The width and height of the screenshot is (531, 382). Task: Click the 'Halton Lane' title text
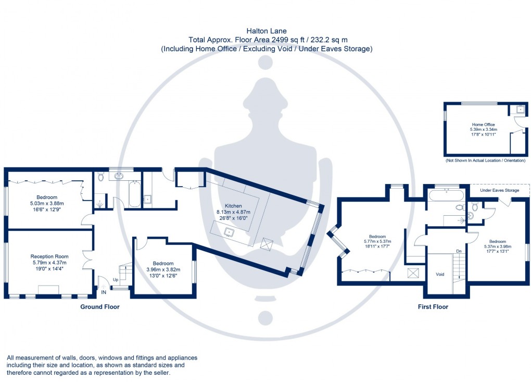[265, 31]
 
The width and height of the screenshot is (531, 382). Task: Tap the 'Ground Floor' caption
[99, 307]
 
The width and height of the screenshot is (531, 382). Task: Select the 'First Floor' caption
[433, 307]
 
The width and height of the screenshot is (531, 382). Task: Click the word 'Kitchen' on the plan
[233, 206]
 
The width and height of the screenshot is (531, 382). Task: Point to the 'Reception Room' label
[49, 256]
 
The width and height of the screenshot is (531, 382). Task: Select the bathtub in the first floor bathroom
[446, 196]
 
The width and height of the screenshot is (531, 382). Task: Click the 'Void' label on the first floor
[439, 274]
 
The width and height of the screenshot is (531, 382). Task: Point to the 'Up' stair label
[115, 280]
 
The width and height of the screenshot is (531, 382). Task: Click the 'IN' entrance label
[104, 293]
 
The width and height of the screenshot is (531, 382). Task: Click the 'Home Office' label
[482, 125]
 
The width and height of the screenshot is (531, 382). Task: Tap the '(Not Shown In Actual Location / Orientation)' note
[485, 161]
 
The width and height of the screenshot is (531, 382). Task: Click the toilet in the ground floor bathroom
[101, 177]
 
